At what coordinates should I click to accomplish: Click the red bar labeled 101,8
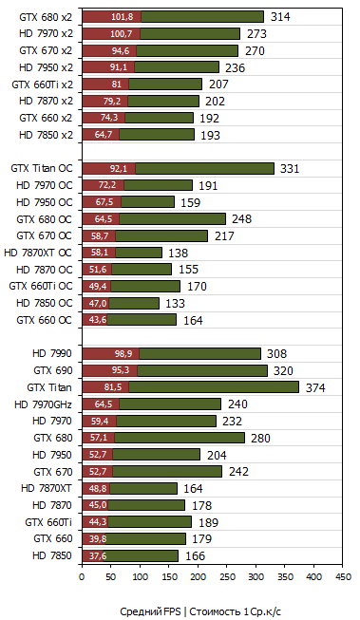tap(111, 16)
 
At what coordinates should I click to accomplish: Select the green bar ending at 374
tap(214, 386)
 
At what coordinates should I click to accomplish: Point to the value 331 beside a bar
tap(290, 169)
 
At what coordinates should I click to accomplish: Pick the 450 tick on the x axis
tap(344, 576)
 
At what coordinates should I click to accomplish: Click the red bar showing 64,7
tap(102, 135)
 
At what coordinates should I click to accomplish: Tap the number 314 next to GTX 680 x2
tap(279, 17)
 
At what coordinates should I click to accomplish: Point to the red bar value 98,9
tap(110, 353)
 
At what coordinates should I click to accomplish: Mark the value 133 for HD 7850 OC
tap(175, 304)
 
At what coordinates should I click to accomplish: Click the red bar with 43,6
tap(95, 320)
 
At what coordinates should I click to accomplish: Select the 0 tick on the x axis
tap(83, 576)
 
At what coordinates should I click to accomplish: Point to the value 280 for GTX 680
tap(260, 438)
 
